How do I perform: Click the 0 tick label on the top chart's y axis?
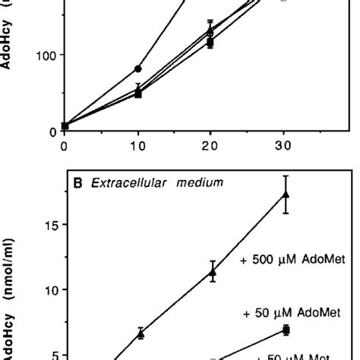point(49,131)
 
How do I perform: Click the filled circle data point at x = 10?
point(138,68)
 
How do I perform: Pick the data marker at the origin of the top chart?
point(65,126)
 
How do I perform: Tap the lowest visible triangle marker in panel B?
point(141,333)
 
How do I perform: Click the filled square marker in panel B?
point(286,330)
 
